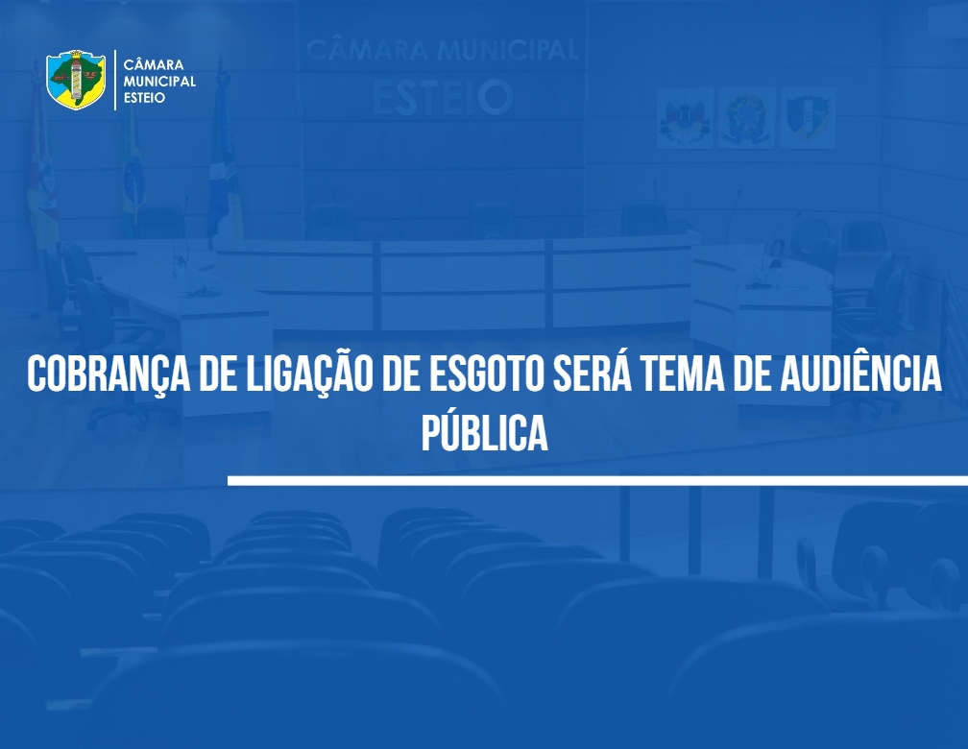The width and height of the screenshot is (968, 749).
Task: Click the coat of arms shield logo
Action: point(76,80)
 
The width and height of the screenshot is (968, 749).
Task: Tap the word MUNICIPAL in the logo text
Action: point(159,81)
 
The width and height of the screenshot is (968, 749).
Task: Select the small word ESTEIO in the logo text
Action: point(144,98)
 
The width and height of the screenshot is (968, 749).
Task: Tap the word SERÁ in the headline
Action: point(592,373)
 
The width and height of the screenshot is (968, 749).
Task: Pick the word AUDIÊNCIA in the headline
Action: point(861,373)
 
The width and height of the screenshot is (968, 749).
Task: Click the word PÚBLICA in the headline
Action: point(485,431)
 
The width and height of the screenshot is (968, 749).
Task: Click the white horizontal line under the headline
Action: point(597,480)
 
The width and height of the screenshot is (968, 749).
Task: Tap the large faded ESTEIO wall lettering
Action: point(443,97)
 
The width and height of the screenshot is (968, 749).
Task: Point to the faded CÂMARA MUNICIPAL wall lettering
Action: point(443,50)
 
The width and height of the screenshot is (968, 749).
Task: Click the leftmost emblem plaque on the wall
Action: point(685,118)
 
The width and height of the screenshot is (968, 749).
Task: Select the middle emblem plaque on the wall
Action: point(746,118)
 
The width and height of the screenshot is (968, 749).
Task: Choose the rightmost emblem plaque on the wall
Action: point(808,118)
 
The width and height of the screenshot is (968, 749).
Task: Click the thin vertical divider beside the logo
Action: point(115,81)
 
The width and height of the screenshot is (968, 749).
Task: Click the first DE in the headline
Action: point(219,374)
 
